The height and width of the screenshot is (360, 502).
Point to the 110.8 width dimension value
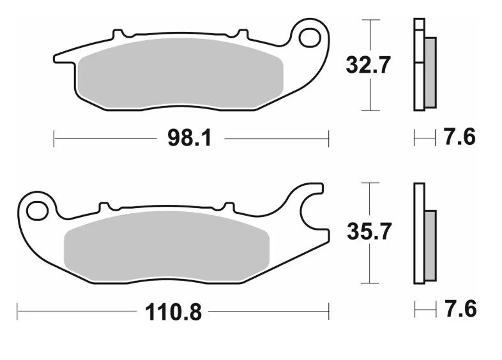[x=174, y=312]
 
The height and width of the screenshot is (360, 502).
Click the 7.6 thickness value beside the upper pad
[x=460, y=137]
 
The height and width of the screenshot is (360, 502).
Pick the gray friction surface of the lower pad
[x=167, y=245]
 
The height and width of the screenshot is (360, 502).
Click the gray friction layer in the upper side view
[x=430, y=72]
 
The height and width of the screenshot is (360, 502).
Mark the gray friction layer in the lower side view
[x=430, y=245]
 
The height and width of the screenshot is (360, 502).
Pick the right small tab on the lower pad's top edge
[x=227, y=206]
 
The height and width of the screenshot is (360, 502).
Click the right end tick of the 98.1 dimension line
[x=328, y=138]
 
